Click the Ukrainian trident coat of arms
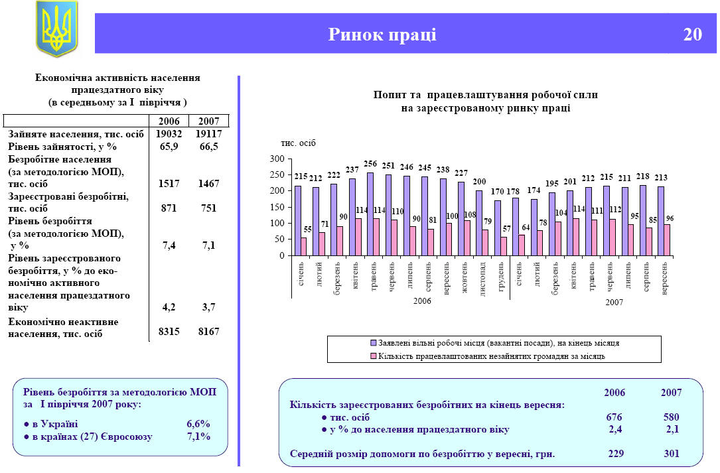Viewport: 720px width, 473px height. tap(56, 28)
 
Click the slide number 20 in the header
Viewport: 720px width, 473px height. tap(692, 34)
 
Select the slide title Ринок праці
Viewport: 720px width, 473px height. tap(382, 34)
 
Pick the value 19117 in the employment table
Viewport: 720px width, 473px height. tap(208, 133)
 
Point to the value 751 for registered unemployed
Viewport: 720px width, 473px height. tap(208, 208)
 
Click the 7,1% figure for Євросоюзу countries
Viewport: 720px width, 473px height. tap(198, 437)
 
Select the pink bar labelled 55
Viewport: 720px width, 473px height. tap(304, 246)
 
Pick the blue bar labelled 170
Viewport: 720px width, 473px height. tap(498, 228)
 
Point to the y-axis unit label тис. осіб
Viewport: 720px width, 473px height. tap(298, 143)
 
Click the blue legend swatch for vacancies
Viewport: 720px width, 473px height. tap(373, 344)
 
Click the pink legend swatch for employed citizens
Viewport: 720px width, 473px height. tap(373, 356)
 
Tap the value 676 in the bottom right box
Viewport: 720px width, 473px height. tap(614, 418)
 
